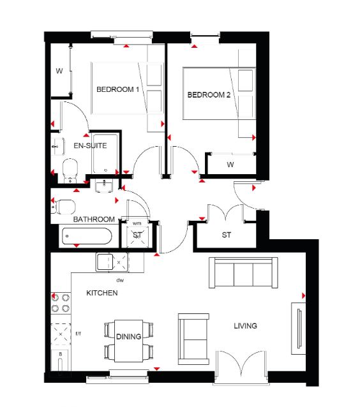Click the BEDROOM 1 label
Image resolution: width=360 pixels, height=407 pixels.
117,89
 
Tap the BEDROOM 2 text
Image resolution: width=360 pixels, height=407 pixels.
209,95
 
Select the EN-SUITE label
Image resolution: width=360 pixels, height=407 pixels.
90,145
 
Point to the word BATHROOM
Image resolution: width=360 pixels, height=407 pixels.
94,219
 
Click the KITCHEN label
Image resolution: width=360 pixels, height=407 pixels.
102,293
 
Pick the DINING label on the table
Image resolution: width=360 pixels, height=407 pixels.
128,337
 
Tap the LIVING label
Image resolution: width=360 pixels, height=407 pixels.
246,326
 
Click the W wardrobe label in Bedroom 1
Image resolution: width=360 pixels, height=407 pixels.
59,71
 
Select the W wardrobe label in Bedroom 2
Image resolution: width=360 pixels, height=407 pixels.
230,165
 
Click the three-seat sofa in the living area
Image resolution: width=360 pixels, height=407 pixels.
243,272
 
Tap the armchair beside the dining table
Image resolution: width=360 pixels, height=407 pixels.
193,339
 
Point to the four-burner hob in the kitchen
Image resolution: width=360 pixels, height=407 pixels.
61,302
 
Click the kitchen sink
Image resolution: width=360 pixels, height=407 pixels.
105,262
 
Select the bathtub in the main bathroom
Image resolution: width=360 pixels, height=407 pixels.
87,236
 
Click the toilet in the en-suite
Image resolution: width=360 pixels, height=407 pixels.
70,171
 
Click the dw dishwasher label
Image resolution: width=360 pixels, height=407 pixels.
120,280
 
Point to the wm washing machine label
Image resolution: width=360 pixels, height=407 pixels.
137,223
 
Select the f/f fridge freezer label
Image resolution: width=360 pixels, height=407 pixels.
79,334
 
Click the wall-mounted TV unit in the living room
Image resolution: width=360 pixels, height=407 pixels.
298,329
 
